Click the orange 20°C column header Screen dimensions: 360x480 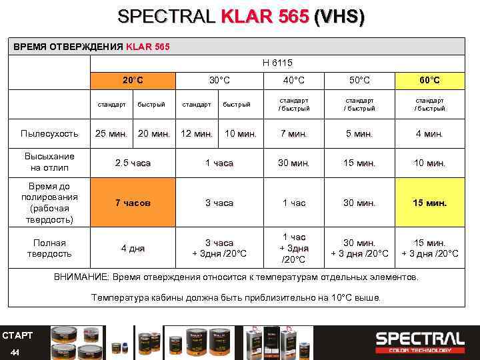point(133,81)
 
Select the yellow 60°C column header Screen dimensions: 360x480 point(429,81)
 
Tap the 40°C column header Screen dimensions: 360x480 point(293,81)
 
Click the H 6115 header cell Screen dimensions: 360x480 point(277,63)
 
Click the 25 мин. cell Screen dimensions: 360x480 point(111,133)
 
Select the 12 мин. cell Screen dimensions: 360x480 point(197,133)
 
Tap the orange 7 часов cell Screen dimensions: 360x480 point(133,203)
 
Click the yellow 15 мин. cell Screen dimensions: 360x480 point(429,203)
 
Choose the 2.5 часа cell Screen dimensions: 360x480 point(133,163)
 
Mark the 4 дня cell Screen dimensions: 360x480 point(133,249)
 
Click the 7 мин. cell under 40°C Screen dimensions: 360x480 point(293,133)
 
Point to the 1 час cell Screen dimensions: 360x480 point(293,203)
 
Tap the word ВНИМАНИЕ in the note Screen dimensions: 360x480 point(79,277)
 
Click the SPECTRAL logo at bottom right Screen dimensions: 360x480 point(419,341)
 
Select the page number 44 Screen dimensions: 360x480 point(15,351)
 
